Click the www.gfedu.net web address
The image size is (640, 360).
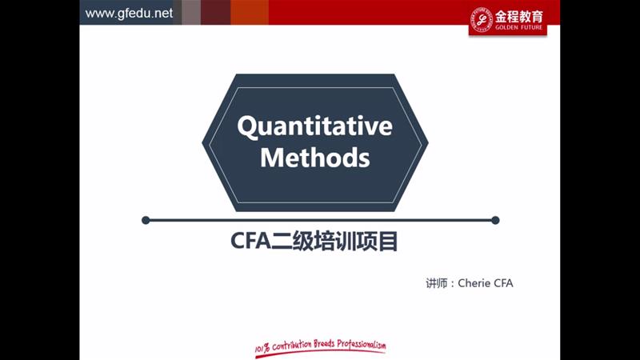[129, 14]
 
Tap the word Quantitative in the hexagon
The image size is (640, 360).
[314, 126]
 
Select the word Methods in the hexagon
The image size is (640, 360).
[315, 158]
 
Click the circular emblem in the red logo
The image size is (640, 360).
[482, 19]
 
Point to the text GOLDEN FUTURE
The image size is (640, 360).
[518, 27]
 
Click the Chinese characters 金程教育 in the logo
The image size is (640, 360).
[518, 17]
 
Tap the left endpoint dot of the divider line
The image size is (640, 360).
[146, 221]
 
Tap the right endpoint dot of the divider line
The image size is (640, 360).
[495, 221]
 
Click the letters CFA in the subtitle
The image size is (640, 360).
[250, 241]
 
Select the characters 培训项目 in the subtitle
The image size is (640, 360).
[356, 241]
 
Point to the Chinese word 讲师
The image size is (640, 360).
[436, 283]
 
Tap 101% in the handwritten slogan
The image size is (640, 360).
[262, 348]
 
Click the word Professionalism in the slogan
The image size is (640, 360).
[362, 345]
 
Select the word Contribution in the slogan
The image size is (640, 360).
[292, 346]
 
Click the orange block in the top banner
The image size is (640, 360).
[250, 12]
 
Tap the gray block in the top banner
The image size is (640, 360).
[191, 12]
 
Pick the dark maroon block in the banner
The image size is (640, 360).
[215, 12]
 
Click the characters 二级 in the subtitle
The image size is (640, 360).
[292, 241]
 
